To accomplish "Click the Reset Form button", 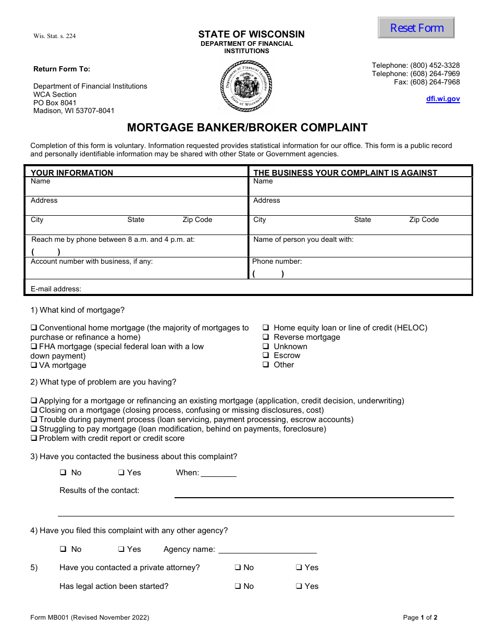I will (416, 28).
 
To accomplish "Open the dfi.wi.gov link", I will (443, 99).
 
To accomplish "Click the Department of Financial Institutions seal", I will (246, 86).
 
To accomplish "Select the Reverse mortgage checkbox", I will (265, 337).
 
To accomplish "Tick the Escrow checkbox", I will (265, 355).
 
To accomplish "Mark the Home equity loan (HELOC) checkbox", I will (265, 328).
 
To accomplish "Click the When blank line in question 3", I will (218, 473).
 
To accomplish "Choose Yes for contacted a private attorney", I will (299, 568).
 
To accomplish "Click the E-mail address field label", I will (56, 289).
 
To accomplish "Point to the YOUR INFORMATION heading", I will (72, 173).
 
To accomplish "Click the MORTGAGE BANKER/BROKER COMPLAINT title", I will (247, 128).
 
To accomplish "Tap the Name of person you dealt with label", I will (303, 240).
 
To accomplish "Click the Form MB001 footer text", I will (90, 618).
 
